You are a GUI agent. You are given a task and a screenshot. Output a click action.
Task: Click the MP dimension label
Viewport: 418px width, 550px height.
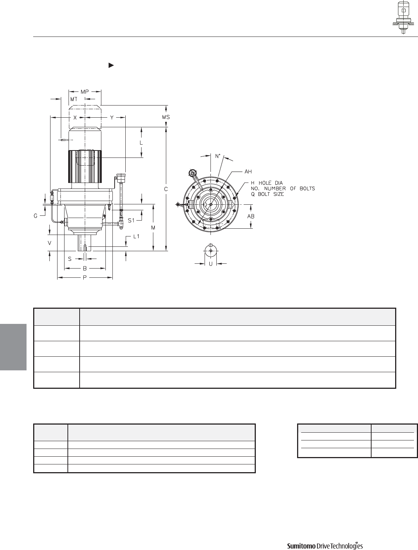coord(85,92)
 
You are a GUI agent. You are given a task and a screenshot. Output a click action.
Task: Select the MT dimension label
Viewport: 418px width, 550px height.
coord(74,99)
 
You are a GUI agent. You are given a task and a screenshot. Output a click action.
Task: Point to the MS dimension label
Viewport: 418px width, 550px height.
coord(166,117)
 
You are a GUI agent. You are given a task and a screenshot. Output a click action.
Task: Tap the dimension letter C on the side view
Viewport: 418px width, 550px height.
coord(166,189)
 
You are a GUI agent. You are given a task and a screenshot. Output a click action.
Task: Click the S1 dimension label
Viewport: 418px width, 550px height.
coord(131,221)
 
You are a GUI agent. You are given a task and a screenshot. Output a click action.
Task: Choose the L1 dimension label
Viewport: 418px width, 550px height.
coord(136,236)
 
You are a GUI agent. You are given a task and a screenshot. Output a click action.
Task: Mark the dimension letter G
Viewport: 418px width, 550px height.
coord(35,216)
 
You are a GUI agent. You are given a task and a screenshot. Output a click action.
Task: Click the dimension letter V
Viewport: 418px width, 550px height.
coord(49,243)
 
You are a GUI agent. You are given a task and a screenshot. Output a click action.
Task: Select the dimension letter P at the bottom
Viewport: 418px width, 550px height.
coord(85,278)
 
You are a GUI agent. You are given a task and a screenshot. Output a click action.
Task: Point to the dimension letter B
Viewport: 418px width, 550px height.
coord(85,268)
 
